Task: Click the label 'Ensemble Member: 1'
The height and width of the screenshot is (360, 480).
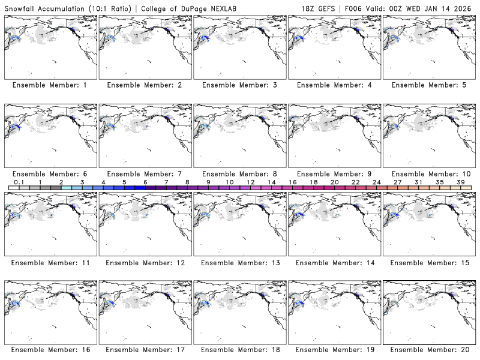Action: pyautogui.click(x=49, y=85)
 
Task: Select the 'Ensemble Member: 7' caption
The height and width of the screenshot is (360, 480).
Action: pyautogui.click(x=145, y=173)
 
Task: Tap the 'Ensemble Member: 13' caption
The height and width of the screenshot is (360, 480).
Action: pyautogui.click(x=239, y=262)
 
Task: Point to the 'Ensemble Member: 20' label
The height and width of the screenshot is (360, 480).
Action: pyautogui.click(x=429, y=349)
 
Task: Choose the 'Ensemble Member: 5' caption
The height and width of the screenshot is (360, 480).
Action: pyautogui.click(x=429, y=85)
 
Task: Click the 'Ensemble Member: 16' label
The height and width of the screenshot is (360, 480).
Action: pyautogui.click(x=49, y=349)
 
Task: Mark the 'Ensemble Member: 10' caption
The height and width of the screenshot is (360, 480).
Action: pyautogui.click(x=429, y=173)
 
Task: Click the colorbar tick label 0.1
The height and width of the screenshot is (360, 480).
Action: pyautogui.click(x=19, y=182)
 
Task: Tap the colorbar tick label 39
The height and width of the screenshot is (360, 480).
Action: pyautogui.click(x=460, y=182)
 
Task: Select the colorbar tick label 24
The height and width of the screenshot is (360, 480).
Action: pyautogui.click(x=376, y=182)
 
